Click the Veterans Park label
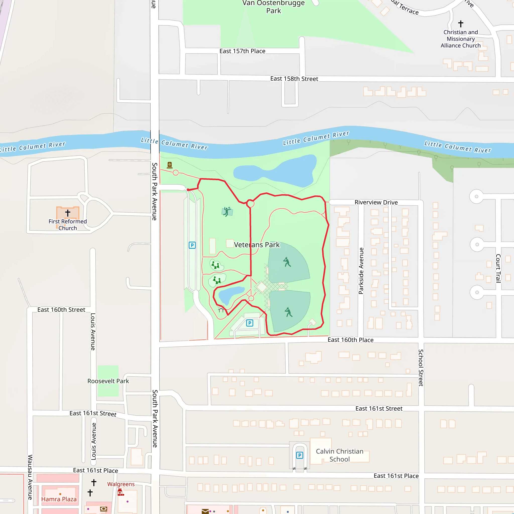(257, 245)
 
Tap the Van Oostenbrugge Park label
(274, 7)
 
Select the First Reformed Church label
(68, 225)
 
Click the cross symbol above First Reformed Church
(68, 213)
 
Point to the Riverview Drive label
(376, 203)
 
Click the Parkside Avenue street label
(361, 271)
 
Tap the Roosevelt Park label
(108, 381)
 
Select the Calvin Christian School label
(340, 455)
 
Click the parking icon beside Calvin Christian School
(300, 455)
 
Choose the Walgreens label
(121, 484)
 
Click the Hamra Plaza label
(59, 499)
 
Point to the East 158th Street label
(294, 79)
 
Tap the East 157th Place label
(242, 51)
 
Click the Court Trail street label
(498, 268)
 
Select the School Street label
(421, 368)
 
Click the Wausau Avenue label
(30, 477)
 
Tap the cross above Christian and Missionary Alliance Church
(461, 24)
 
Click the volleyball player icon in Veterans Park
(227, 212)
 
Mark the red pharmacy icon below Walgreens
(120, 492)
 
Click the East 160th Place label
(350, 340)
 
